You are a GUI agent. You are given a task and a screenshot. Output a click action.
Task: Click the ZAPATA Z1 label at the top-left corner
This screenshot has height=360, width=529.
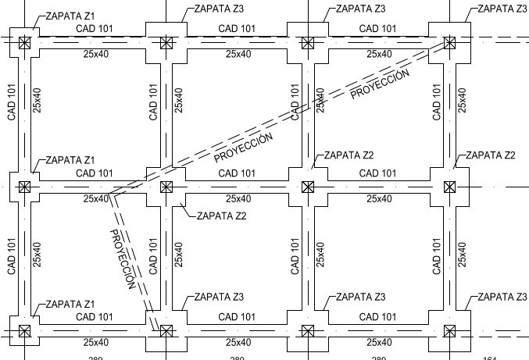70,15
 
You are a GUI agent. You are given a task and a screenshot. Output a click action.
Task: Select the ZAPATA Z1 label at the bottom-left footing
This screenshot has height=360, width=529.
70,304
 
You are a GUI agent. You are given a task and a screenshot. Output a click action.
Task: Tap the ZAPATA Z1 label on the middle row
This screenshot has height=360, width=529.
70,160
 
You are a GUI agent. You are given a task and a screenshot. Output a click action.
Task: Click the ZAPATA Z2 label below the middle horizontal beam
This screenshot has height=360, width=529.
221,216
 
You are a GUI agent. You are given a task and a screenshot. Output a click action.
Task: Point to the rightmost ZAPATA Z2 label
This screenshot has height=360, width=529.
490,155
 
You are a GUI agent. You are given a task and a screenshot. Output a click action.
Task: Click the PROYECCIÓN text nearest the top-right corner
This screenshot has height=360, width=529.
380,84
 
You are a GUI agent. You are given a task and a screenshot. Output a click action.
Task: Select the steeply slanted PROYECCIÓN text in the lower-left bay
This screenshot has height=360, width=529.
123,258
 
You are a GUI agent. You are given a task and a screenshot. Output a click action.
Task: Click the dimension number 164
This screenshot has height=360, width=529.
489,358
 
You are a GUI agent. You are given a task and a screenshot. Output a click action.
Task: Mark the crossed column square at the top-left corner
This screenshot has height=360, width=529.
24,41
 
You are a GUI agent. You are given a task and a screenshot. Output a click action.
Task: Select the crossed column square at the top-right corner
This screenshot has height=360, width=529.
449,41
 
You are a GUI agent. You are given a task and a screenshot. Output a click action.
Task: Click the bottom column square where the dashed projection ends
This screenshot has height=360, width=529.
166,331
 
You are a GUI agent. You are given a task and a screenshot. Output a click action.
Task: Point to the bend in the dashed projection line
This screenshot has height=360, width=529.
111,194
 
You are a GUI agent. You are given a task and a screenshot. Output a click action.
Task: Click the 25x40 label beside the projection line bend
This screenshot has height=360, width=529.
95,199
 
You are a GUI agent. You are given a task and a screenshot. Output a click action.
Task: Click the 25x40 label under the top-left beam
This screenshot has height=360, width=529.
95,54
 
